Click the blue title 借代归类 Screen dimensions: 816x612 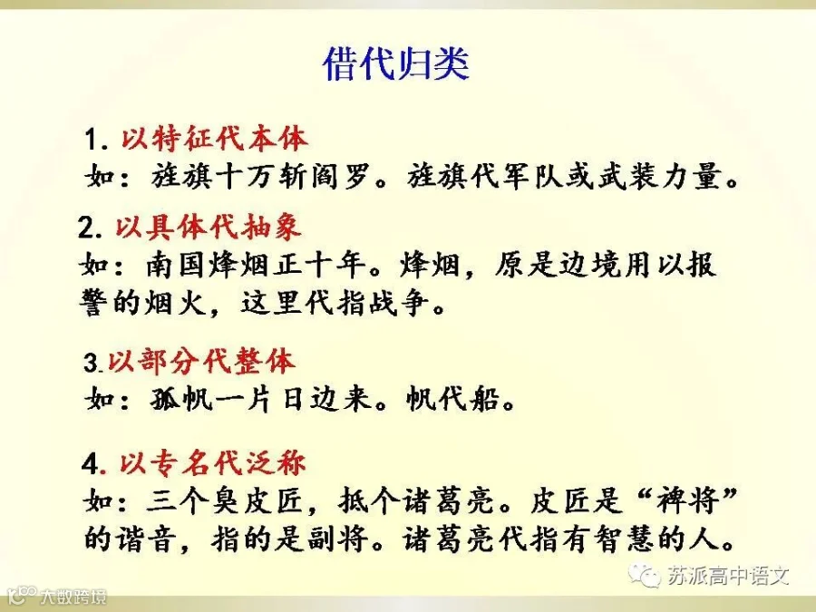click(395, 64)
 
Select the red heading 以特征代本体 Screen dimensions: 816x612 click(214, 139)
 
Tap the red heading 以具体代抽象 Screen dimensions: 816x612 click(209, 228)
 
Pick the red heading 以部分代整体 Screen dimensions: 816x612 click(201, 361)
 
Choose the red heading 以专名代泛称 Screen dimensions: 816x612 click(212, 462)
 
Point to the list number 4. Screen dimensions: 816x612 click(91, 463)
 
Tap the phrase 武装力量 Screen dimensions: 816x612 click(660, 176)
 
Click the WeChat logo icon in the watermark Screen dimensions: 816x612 click(645, 575)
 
